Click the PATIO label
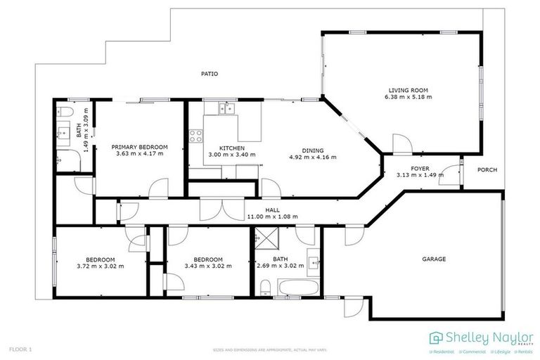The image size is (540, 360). click(x=209, y=73)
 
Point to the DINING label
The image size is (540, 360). click(x=313, y=150)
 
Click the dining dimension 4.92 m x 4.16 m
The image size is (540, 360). click(x=313, y=157)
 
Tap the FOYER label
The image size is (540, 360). click(x=420, y=169)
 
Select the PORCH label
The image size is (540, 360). click(x=487, y=169)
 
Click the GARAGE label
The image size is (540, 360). click(x=434, y=259)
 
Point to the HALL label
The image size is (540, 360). click(x=272, y=210)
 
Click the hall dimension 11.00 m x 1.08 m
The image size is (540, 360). click(x=272, y=217)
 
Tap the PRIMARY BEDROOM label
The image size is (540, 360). click(x=139, y=147)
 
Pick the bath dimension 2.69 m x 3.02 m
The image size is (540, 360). click(x=280, y=266)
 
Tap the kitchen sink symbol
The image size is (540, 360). click(x=226, y=108)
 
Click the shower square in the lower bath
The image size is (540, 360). click(x=266, y=239)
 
